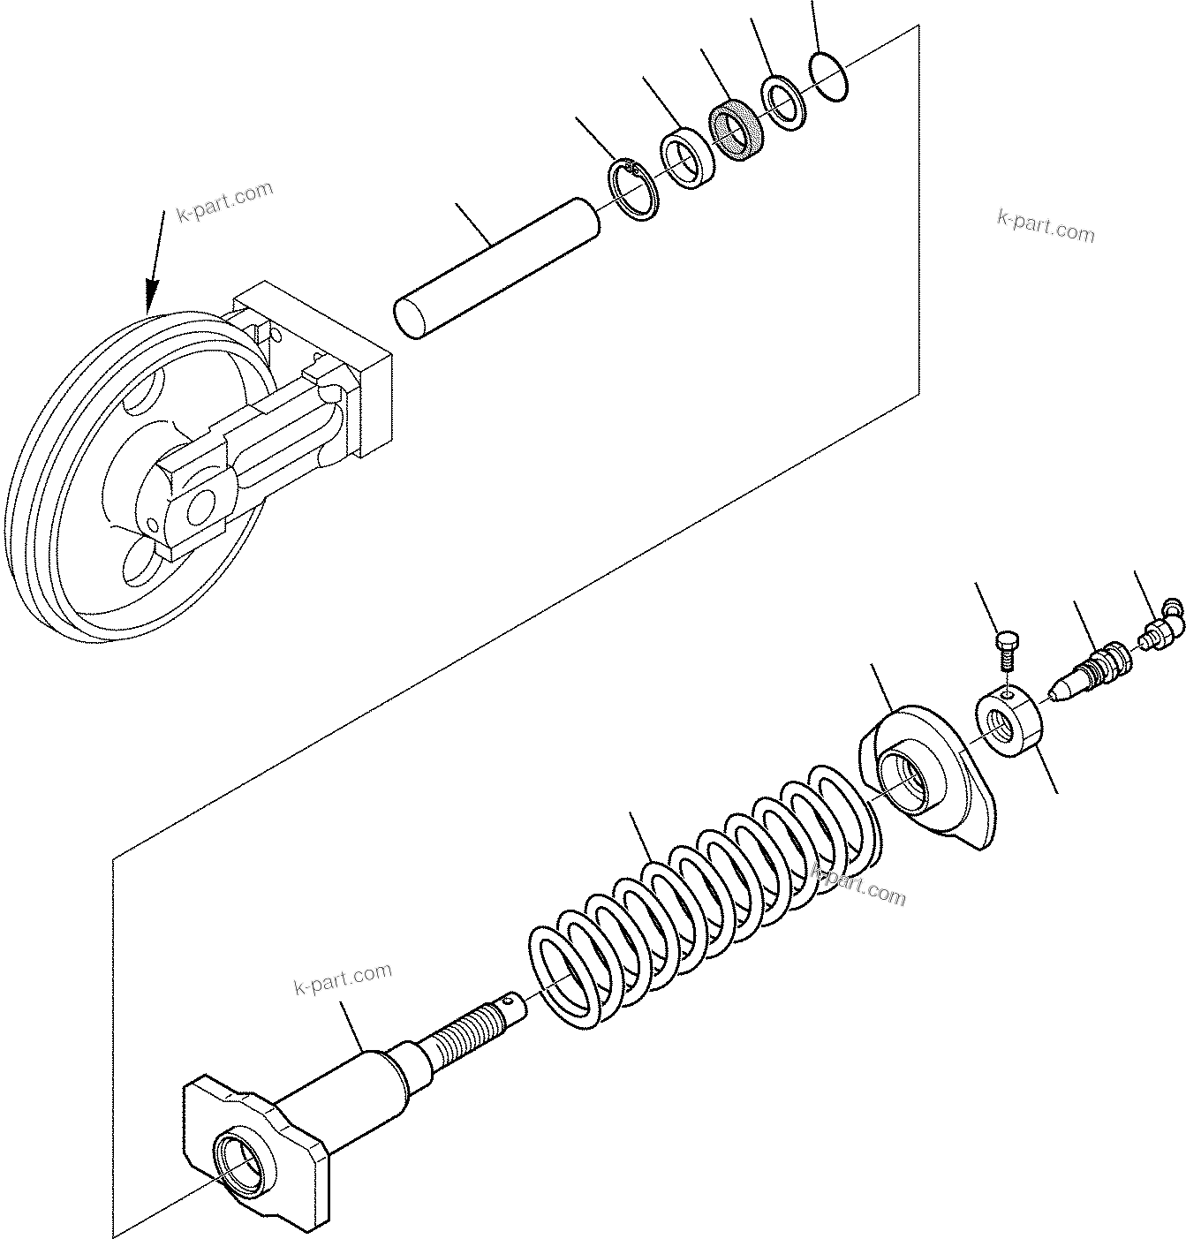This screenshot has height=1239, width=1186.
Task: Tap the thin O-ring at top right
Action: click(x=829, y=76)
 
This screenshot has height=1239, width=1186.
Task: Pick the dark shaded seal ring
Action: click(x=734, y=131)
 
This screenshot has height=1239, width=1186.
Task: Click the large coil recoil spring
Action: click(x=706, y=892)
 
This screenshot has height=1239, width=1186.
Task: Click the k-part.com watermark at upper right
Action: click(x=1046, y=225)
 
